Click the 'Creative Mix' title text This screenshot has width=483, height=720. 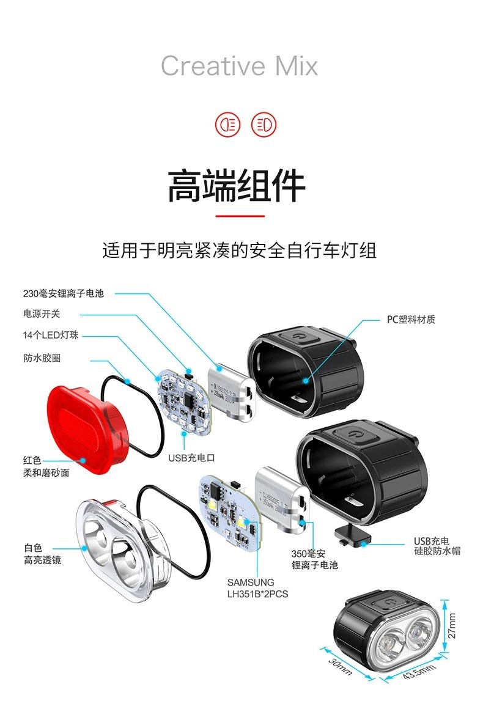[x=239, y=66]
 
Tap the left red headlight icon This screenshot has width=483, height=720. [x=227, y=125]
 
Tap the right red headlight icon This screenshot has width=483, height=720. [x=264, y=125]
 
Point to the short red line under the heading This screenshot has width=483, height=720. [x=240, y=216]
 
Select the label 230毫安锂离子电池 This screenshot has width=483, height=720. [x=64, y=293]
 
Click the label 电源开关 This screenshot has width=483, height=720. [x=42, y=314]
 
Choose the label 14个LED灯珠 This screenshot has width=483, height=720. [x=51, y=336]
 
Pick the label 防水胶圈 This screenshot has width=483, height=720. [x=42, y=358]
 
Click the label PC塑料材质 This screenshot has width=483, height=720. [x=411, y=320]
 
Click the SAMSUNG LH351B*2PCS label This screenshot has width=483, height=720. [x=257, y=587]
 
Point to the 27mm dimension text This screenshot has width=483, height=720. [x=452, y=625]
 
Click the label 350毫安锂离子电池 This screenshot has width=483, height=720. [x=314, y=559]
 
